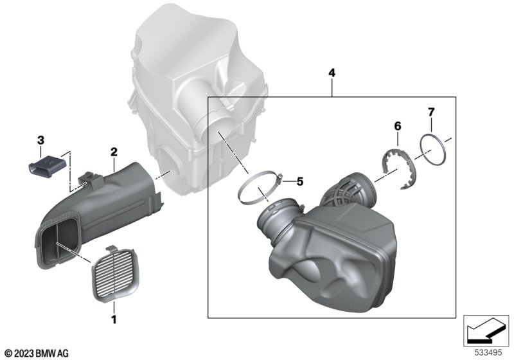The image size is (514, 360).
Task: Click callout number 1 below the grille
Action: point(114,319)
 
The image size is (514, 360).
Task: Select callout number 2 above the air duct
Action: point(114,152)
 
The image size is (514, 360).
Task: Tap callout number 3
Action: point(40,141)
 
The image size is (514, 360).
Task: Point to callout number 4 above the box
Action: point(332,73)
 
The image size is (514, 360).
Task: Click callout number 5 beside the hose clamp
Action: point(300,181)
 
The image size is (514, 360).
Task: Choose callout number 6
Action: point(397,126)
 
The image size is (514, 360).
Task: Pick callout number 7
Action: point(431,112)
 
